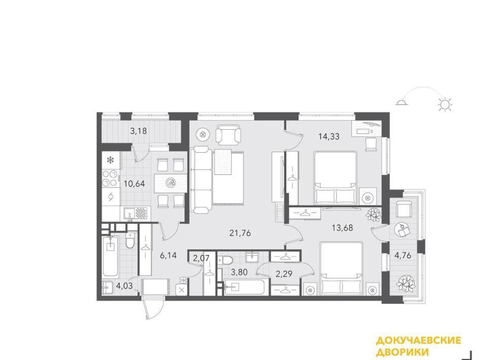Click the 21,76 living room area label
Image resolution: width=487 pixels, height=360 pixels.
[240, 233]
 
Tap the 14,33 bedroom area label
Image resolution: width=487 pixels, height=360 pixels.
[329, 136]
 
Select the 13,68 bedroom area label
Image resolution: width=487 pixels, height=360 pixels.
[342, 228]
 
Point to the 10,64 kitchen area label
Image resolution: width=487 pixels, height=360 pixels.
[134, 184]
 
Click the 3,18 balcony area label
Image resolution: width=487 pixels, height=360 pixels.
[138, 131]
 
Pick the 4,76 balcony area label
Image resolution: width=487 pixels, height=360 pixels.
[403, 256]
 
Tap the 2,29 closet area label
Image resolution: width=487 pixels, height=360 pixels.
[284, 274]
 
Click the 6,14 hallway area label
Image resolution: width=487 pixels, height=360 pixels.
[168, 256]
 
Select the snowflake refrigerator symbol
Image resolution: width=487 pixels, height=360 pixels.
[110, 160]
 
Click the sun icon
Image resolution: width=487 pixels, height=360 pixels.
[445, 104]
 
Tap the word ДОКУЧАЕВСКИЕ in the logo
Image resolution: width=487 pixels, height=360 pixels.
[419, 340]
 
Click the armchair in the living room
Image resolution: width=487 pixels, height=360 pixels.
[228, 135]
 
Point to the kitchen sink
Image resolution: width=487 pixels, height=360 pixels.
[129, 214]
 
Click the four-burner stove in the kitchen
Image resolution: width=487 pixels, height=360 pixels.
[111, 178]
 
